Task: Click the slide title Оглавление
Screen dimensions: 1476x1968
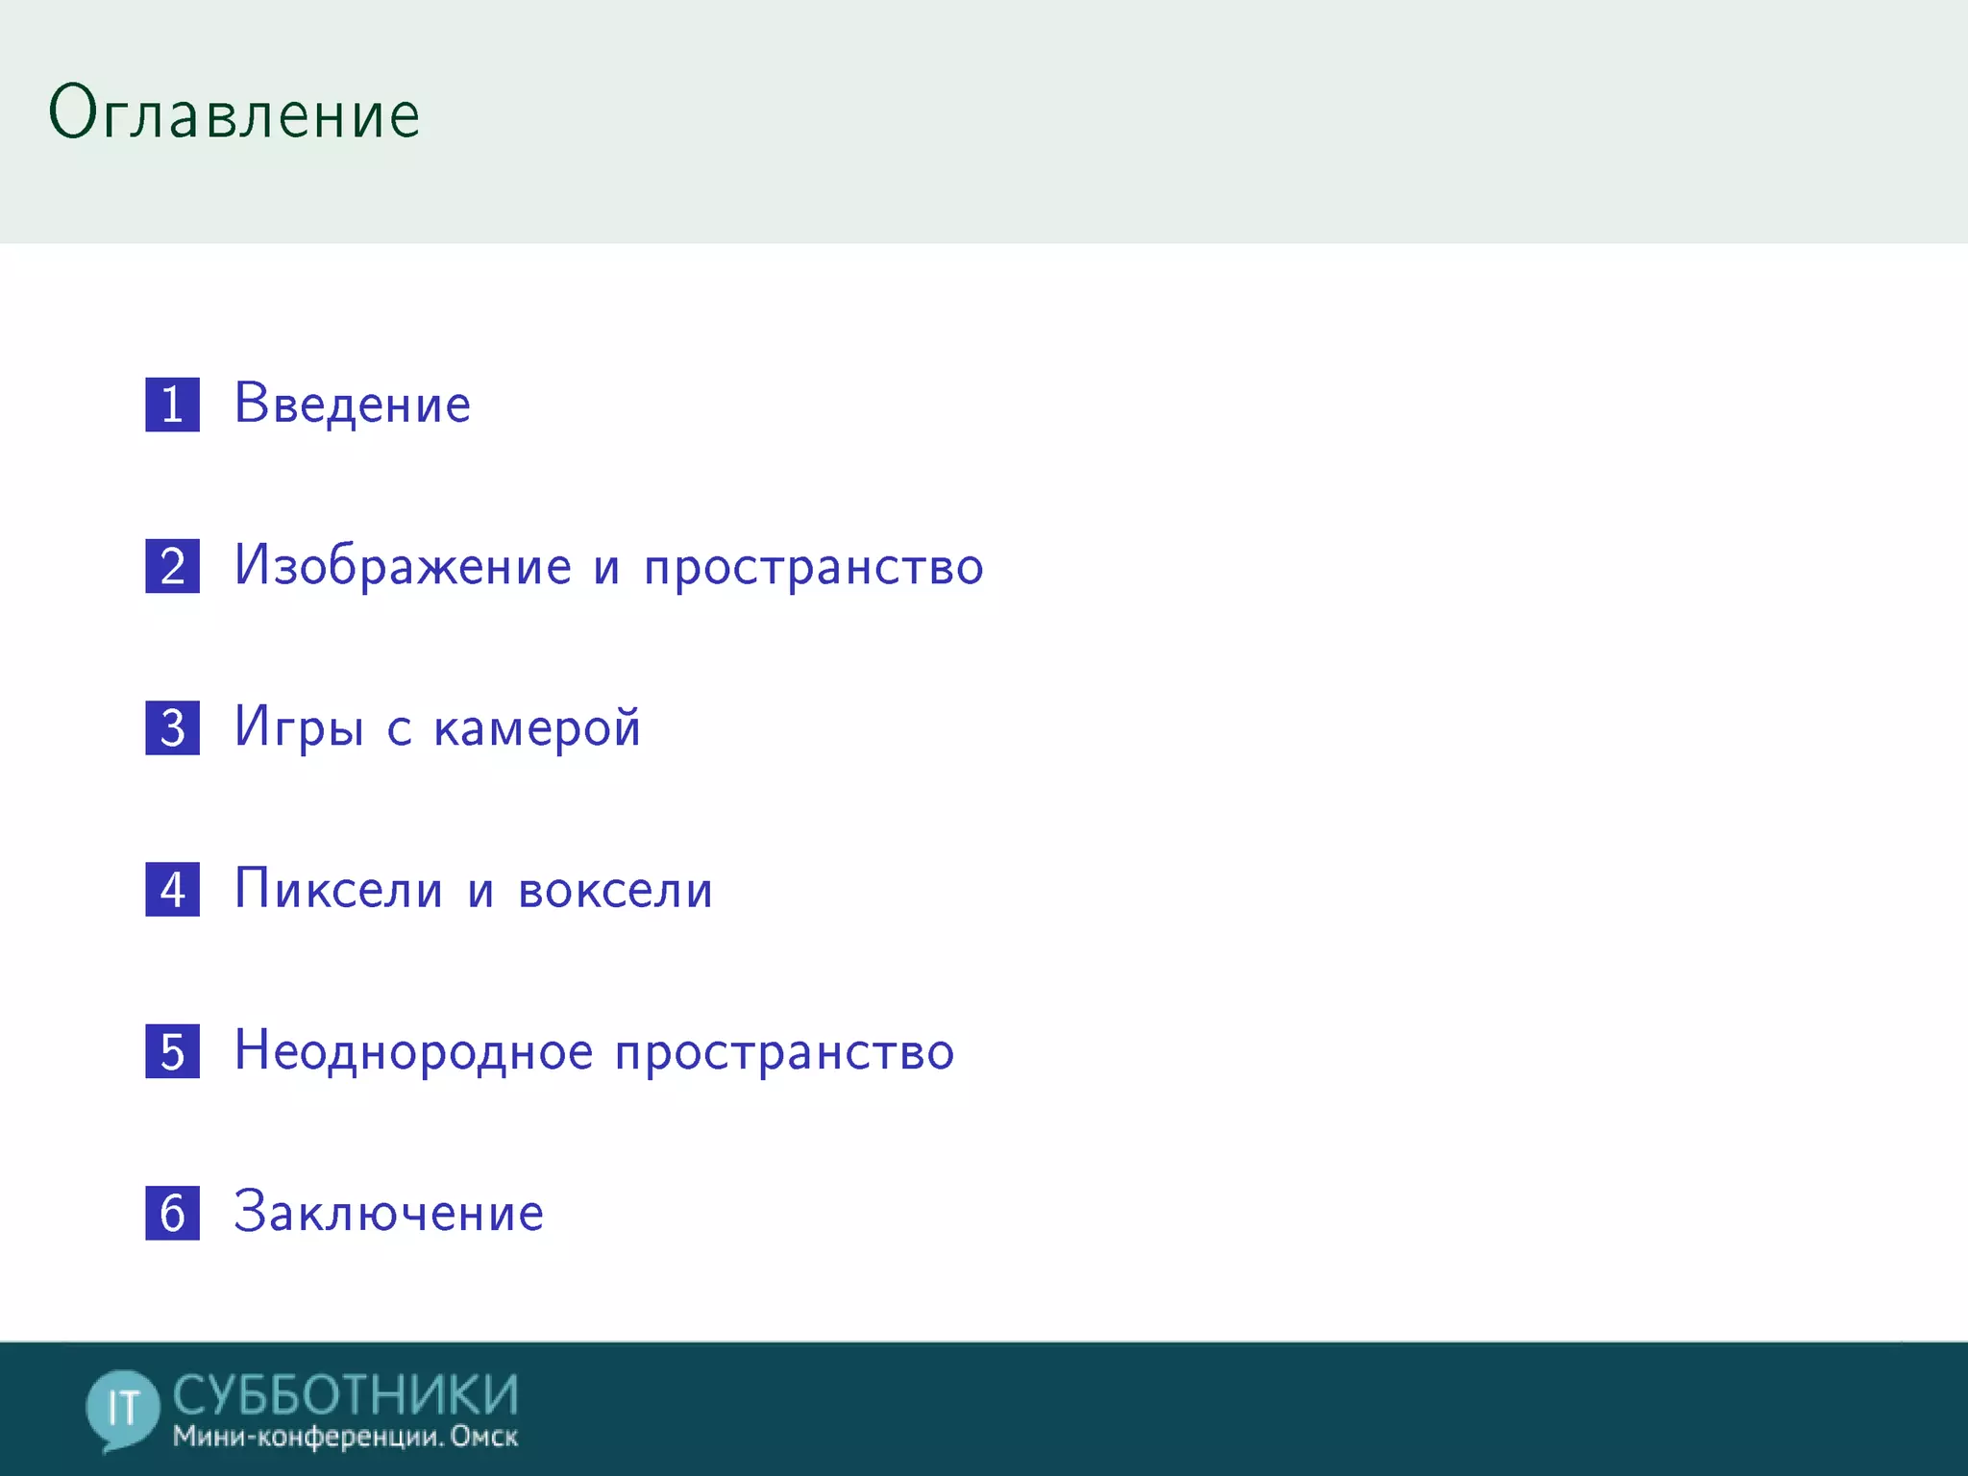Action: [234, 113]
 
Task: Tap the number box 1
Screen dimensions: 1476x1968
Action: [173, 405]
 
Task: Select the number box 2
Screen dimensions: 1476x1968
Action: [173, 566]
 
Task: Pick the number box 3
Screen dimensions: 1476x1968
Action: [173, 727]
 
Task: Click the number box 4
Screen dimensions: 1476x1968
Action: [173, 889]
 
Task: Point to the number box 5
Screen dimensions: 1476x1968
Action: [173, 1050]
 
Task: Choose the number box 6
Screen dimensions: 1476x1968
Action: [173, 1213]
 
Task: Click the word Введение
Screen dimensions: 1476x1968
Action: [353, 404]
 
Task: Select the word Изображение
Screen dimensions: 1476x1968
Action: [404, 565]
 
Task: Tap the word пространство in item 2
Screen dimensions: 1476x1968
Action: [814, 567]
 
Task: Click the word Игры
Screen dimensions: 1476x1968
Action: [299, 727]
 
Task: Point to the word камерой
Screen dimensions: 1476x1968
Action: [537, 727]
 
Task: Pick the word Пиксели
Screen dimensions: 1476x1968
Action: [339, 889]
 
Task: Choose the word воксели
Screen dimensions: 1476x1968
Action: [616, 890]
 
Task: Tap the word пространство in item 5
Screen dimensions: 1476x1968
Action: [784, 1052]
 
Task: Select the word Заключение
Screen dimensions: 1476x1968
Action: [389, 1213]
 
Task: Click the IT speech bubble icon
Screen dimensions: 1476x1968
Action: [122, 1409]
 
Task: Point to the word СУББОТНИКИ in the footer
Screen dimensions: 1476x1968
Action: [346, 1394]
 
